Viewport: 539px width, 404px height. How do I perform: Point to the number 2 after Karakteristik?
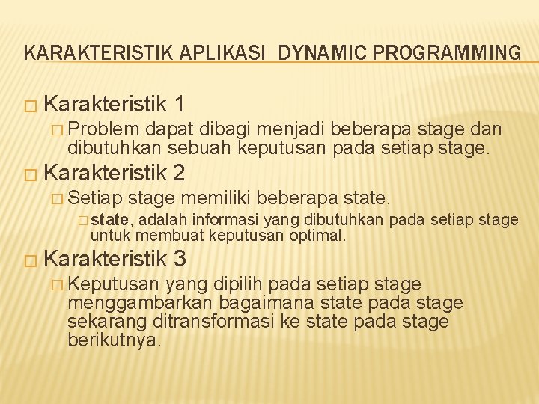[178, 173]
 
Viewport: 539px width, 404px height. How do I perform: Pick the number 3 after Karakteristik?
[178, 259]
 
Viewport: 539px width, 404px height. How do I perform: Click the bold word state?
[112, 220]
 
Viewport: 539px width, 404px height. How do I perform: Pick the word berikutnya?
[114, 340]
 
